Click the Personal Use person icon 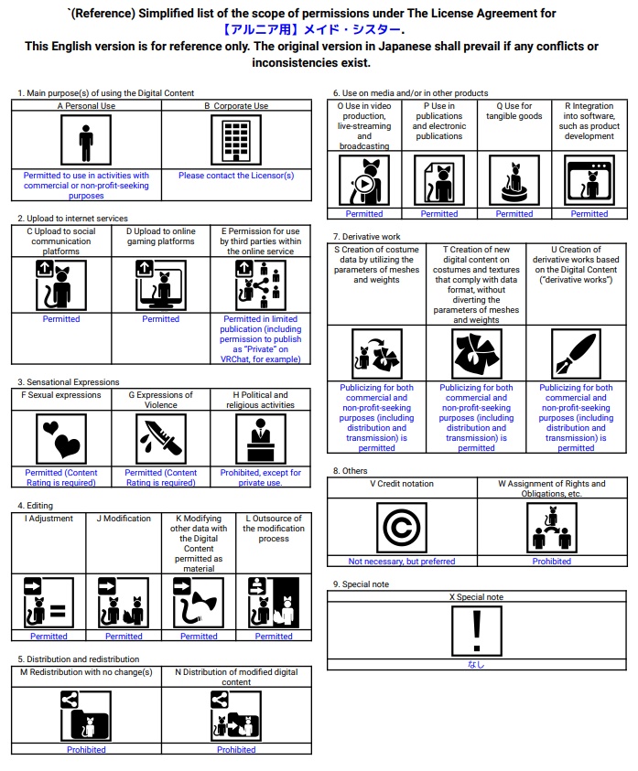86,142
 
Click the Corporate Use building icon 235,142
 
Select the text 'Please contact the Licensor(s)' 236,176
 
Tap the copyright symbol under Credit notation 401,528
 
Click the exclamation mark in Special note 476,631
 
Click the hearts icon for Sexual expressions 60,439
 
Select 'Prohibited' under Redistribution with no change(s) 86,750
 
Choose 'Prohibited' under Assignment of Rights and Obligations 551,562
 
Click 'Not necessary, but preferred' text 401,562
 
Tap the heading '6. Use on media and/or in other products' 410,93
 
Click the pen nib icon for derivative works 576,354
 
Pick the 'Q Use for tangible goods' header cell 514,112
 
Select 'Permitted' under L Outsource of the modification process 274,637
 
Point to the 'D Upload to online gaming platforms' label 160,236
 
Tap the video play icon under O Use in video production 364,181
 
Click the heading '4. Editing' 36,505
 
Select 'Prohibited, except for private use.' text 260,477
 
